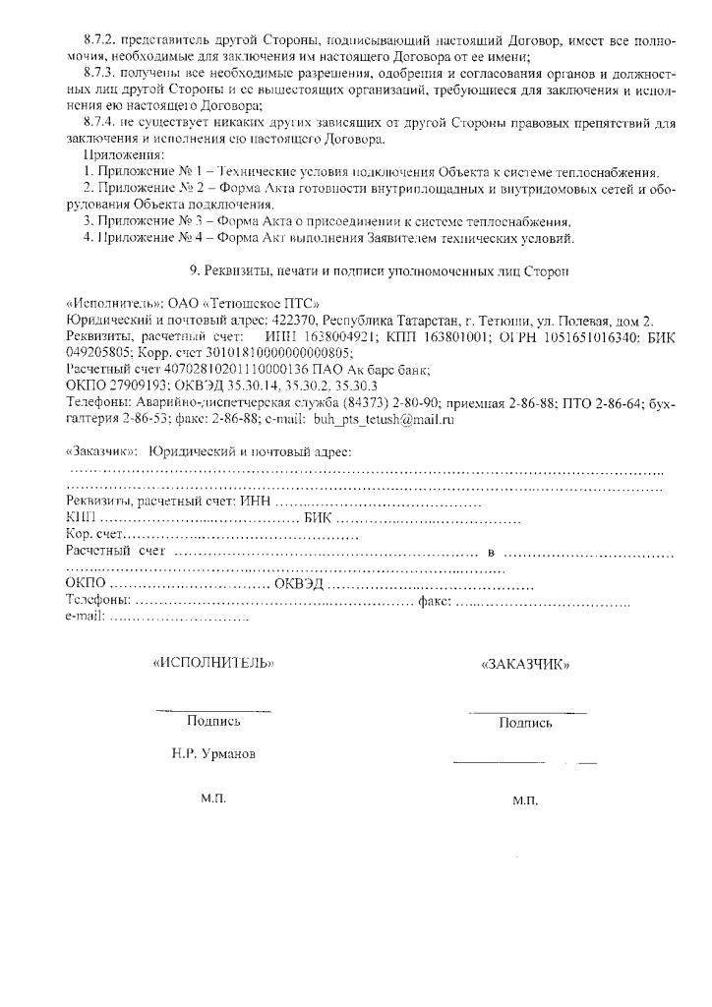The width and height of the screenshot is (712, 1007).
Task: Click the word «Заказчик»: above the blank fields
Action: click(100, 451)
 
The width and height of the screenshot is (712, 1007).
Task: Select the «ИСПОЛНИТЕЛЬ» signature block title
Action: click(213, 663)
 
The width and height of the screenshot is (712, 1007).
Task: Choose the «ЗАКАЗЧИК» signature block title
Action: click(525, 664)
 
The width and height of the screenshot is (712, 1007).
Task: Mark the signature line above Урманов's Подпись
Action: click(213, 710)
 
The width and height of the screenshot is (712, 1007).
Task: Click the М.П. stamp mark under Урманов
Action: click(213, 799)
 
